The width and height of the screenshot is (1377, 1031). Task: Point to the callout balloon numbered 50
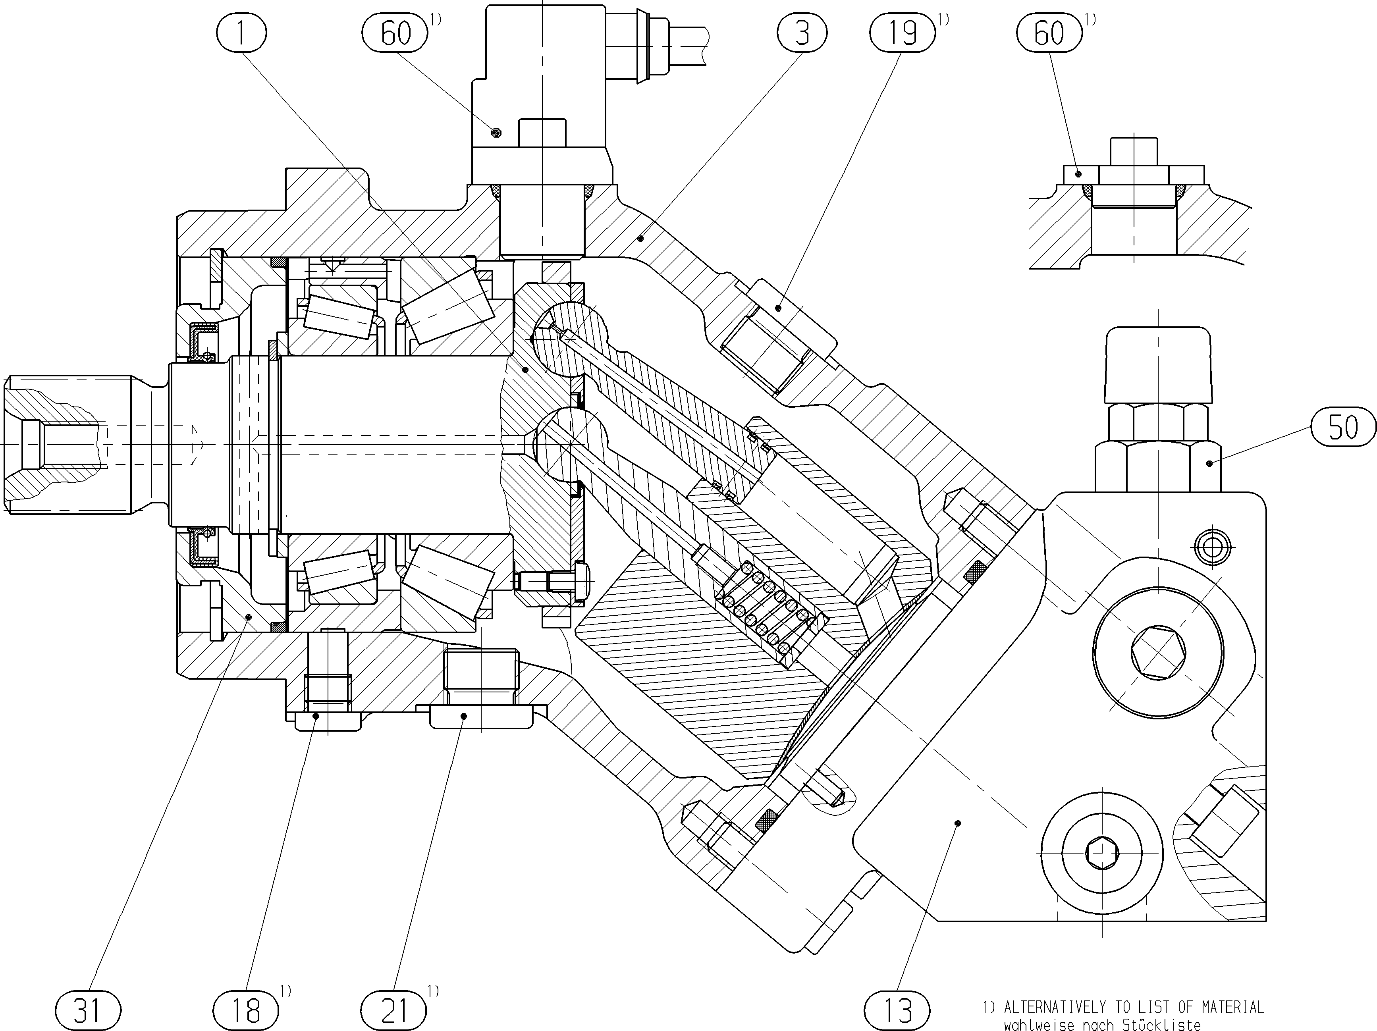(x=1343, y=427)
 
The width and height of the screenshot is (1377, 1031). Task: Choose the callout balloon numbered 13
(x=897, y=1010)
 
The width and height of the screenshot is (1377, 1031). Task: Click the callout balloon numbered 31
(x=88, y=1010)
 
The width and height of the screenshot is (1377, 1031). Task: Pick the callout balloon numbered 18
(x=245, y=1010)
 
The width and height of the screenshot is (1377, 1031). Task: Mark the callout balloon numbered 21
(x=394, y=1010)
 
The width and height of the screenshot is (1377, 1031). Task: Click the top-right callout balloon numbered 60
(x=1049, y=33)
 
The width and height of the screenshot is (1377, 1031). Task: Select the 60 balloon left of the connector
(x=395, y=33)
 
